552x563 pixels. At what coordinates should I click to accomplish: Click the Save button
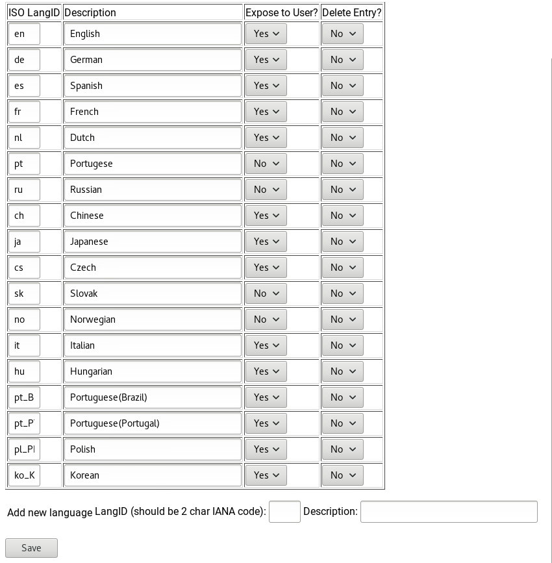coord(31,548)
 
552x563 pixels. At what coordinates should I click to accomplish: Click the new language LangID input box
coord(284,512)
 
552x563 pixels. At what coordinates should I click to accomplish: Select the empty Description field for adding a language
coord(449,512)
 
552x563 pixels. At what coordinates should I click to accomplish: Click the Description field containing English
coord(153,34)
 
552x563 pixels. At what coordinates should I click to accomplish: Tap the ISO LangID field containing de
coord(24,60)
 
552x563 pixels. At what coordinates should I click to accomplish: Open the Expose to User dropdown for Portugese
coord(266,164)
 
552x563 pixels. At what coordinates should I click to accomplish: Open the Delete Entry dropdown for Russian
coord(342,190)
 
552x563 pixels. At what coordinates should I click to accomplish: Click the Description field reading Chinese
coord(153,216)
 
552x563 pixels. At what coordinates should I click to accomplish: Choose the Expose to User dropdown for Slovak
coord(266,294)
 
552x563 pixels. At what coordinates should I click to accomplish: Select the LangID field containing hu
coord(24,371)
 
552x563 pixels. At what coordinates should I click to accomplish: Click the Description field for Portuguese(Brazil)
coord(153,397)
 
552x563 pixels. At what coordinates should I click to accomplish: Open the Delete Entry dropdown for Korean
coord(342,475)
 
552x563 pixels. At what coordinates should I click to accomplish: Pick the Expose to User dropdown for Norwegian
coord(266,319)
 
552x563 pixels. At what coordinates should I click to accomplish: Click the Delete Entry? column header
coord(351,13)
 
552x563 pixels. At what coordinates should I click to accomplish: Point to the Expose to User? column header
coord(282,13)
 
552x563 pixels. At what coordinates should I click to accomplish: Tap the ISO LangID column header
coord(34,13)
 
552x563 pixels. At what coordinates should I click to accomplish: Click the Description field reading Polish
coord(153,449)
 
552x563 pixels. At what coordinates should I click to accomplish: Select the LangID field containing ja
coord(24,242)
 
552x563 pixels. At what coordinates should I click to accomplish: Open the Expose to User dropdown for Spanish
coord(266,86)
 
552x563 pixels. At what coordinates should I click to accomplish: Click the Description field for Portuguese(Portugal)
coord(153,423)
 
